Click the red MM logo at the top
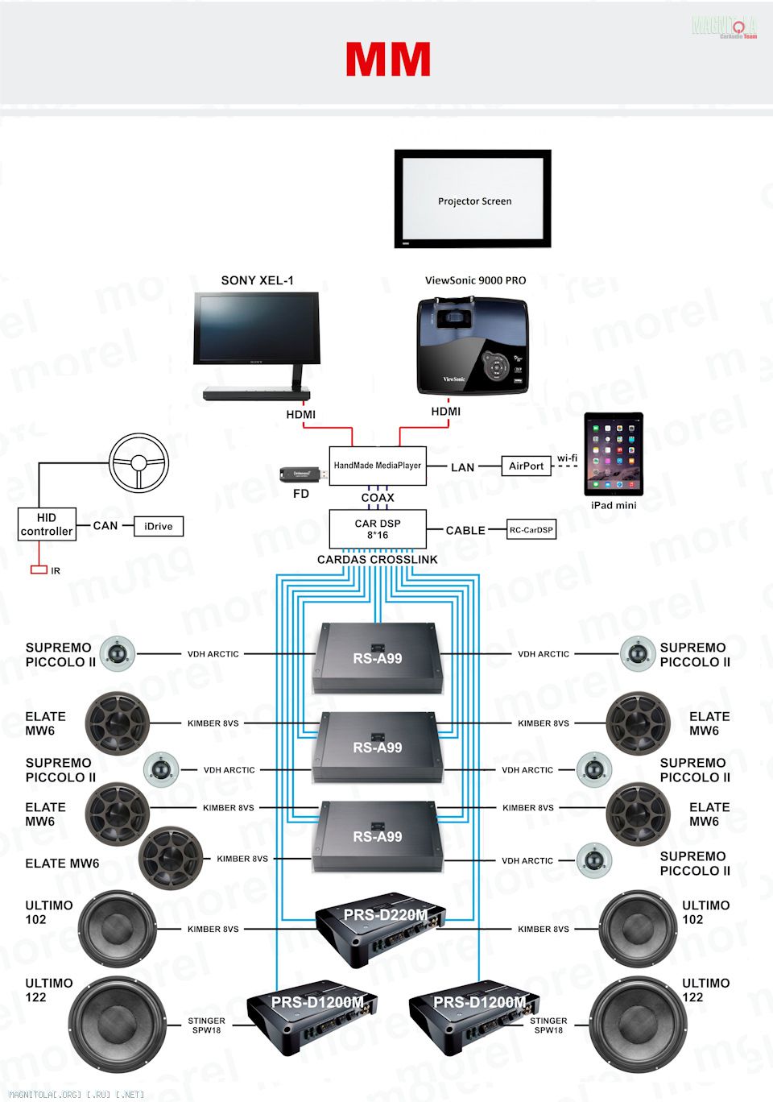(388, 60)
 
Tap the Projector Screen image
(473, 199)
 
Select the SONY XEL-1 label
(257, 280)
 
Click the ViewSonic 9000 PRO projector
(473, 346)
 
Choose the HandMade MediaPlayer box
(378, 466)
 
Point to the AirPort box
(526, 466)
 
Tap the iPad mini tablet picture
(614, 454)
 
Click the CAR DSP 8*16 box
(378, 529)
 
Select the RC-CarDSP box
(531, 529)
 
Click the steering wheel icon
(138, 462)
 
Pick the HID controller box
(47, 524)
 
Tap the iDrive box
(159, 526)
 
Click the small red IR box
(39, 570)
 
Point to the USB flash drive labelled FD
(302, 475)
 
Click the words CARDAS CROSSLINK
(378, 559)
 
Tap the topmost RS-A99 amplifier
(378, 657)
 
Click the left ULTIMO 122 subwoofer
(117, 1023)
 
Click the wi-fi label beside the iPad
(567, 458)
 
